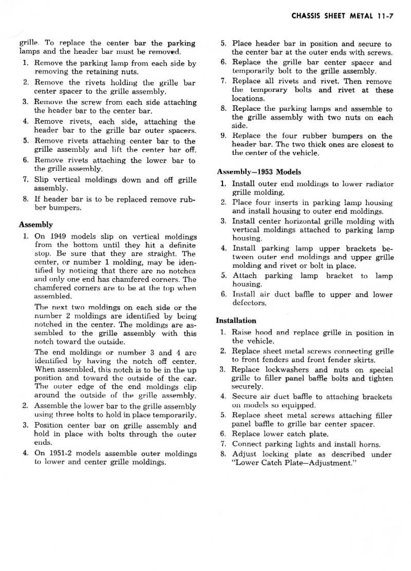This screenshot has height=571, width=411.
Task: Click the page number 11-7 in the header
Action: coord(383,16)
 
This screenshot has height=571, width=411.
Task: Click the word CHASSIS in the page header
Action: coord(307,16)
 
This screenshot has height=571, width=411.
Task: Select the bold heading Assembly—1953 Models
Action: coord(259,172)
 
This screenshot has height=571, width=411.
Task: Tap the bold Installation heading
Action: coord(236,321)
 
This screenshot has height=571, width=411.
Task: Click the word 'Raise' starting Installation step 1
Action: coord(241,332)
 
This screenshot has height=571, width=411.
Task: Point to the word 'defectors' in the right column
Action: coord(250,303)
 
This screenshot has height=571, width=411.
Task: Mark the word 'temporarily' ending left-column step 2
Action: coord(174,415)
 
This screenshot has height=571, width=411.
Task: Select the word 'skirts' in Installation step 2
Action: coord(364,360)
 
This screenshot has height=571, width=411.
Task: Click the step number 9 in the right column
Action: coord(223,136)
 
